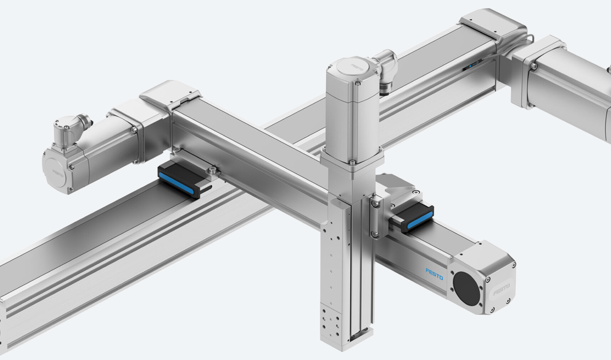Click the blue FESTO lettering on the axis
[x=434, y=274]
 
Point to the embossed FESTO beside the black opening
[x=501, y=290]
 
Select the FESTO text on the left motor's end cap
[x=58, y=173]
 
